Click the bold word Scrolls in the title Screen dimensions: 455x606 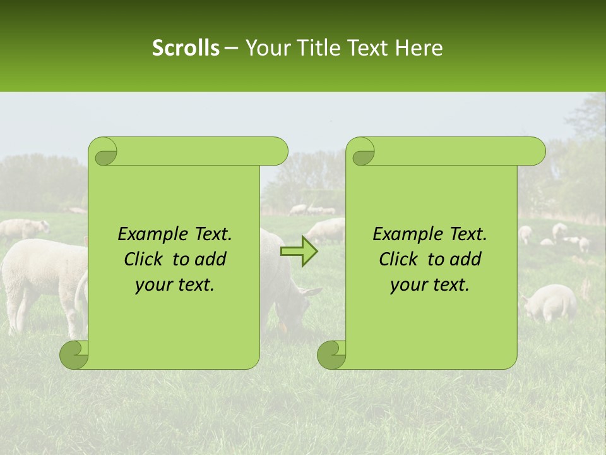[186, 48]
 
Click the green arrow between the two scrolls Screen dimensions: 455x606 [299, 251]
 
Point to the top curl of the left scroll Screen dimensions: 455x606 [103, 152]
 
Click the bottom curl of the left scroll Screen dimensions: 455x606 [74, 355]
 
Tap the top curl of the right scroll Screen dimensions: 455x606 [360, 152]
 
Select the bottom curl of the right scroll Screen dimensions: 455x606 [332, 355]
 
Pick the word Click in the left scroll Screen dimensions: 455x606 [144, 259]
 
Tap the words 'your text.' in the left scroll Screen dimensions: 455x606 [175, 285]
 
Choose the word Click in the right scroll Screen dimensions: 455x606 [399, 259]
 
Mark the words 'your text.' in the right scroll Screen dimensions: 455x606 [430, 285]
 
